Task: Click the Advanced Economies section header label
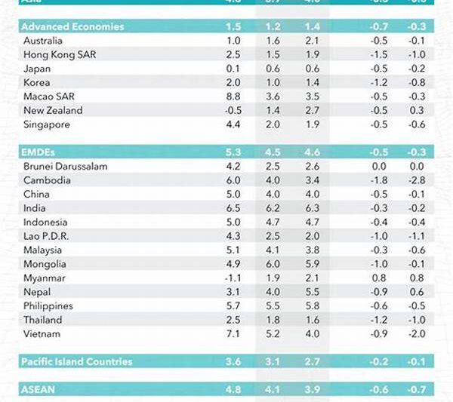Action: click(73, 26)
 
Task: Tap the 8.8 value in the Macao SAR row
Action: click(233, 96)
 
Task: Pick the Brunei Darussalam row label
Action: click(66, 166)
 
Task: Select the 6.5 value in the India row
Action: click(233, 208)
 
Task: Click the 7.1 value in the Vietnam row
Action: click(233, 333)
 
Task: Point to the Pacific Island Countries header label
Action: click(77, 361)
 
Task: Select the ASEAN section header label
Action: click(40, 390)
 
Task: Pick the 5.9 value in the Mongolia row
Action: click(311, 264)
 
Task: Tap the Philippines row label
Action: click(50, 305)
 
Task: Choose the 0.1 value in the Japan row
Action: click(233, 68)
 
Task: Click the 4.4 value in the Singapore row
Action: click(233, 124)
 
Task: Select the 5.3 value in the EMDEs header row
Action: click(233, 152)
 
